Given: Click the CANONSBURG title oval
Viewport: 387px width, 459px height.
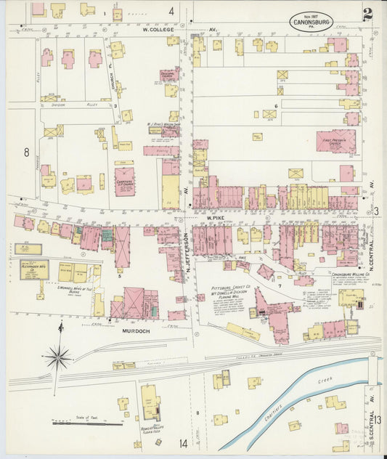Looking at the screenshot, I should pyautogui.click(x=311, y=21).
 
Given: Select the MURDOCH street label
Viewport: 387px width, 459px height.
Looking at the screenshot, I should pyautogui.click(x=136, y=331).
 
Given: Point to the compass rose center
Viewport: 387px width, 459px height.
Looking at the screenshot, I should pyautogui.click(x=57, y=357).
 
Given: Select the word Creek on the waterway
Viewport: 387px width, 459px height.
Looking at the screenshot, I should pyautogui.click(x=325, y=381).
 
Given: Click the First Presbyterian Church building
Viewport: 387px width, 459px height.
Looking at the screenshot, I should pyautogui.click(x=335, y=140).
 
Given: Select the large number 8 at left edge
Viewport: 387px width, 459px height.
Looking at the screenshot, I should pyautogui.click(x=26, y=152).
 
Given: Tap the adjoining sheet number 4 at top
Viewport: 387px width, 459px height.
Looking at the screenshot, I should pyautogui.click(x=171, y=11).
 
